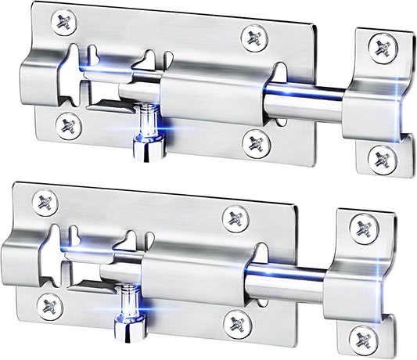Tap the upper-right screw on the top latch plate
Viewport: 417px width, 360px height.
click(x=253, y=37)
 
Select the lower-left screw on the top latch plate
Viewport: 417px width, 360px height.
click(x=68, y=122)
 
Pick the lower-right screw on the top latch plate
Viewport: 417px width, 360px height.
click(x=253, y=141)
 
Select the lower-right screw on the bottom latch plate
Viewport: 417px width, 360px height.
click(x=232, y=321)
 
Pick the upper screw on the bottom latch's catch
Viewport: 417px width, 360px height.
click(x=365, y=227)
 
